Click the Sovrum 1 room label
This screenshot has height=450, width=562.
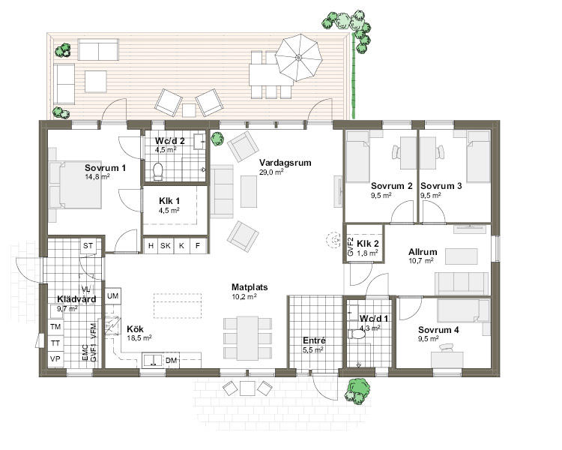pyautogui.click(x=105, y=168)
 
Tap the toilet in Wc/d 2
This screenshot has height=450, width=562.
pyautogui.click(x=157, y=171)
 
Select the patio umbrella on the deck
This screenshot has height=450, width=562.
pyautogui.click(x=298, y=58)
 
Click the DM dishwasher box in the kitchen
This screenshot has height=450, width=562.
pyautogui.click(x=172, y=360)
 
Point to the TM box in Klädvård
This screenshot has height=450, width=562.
pyautogui.click(x=55, y=327)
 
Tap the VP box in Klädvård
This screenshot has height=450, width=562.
pyautogui.click(x=55, y=358)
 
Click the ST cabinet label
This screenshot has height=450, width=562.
pyautogui.click(x=88, y=246)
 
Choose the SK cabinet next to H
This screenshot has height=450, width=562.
pyautogui.click(x=166, y=246)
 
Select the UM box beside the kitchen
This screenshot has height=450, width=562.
pyautogui.click(x=113, y=296)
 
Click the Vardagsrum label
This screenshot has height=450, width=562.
pyautogui.click(x=285, y=163)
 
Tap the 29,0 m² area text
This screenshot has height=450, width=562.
pyautogui.click(x=271, y=172)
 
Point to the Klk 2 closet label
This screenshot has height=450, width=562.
pyautogui.click(x=368, y=244)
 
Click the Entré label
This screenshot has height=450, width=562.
pyautogui.click(x=314, y=340)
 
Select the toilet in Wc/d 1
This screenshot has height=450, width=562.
pyautogui.click(x=357, y=334)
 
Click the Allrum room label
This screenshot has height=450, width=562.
pyautogui.click(x=423, y=252)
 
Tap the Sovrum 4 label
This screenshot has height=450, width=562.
pyautogui.click(x=438, y=330)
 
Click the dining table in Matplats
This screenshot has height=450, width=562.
pyautogui.click(x=247, y=338)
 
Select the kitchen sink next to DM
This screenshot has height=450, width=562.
pyautogui.click(x=153, y=360)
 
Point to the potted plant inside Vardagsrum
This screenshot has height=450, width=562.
pyautogui.click(x=217, y=139)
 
